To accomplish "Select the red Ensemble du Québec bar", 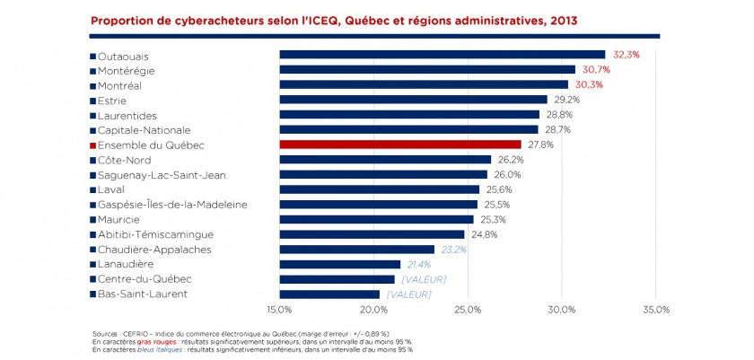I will (399, 145).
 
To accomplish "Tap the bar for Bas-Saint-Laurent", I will (329, 294).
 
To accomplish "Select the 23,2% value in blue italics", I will (453, 250).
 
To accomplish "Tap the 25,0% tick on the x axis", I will (468, 311).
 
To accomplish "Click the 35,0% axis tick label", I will (656, 311).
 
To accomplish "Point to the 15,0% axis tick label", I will (279, 311).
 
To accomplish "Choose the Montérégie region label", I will (126, 70).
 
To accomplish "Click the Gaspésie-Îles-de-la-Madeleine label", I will (159, 205).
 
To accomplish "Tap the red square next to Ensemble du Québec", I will (92, 145).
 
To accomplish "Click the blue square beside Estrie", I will (92, 101).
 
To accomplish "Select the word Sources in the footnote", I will (105, 332).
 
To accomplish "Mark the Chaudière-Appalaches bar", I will (356, 250).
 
